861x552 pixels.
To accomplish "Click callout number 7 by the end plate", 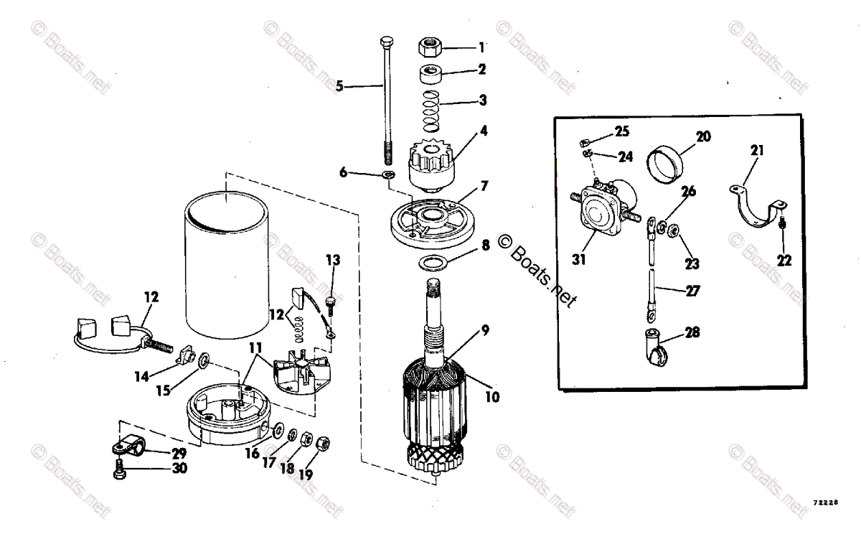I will coord(484,186).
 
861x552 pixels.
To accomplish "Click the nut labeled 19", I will coord(323,443).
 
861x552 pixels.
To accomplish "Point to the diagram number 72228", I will coord(826,503).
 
